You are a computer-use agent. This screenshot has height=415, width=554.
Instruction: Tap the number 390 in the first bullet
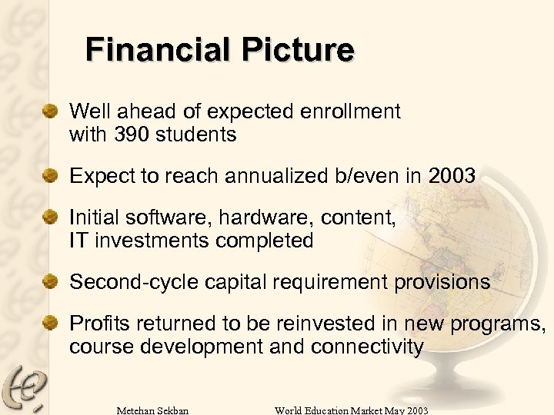tap(132, 135)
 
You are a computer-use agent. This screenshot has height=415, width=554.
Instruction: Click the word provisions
tap(442, 282)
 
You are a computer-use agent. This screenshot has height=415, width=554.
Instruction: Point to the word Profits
tap(95, 324)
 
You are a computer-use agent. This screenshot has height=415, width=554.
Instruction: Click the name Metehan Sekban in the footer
tap(152, 410)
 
